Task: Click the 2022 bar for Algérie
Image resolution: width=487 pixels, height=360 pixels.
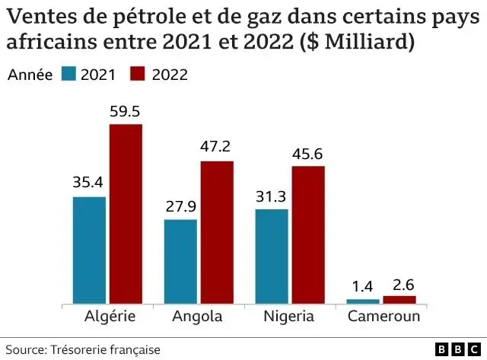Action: (x=126, y=214)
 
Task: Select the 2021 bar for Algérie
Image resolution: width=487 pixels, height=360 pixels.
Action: (x=89, y=250)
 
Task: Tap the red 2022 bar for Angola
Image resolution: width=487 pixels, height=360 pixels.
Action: (x=217, y=233)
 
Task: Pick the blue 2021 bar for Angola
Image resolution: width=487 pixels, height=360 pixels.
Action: (x=180, y=262)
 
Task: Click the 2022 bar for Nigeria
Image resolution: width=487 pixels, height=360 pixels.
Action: (x=308, y=235)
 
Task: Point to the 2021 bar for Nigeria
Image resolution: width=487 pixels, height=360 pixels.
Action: (x=272, y=256)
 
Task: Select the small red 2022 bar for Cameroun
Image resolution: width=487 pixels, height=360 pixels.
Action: (x=399, y=300)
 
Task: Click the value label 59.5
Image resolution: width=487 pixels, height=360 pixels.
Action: (x=126, y=112)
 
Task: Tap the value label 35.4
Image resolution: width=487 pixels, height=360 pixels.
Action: (x=89, y=183)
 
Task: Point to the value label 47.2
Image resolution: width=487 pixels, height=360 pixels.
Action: (x=217, y=148)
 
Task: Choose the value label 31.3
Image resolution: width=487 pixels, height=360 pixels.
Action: (x=272, y=196)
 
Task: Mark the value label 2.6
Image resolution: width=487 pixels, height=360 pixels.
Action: (x=399, y=285)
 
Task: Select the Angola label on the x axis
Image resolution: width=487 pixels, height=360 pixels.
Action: (x=198, y=316)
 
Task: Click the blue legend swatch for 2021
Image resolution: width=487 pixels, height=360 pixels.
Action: (x=69, y=74)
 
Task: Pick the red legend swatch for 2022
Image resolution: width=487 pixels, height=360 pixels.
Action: (x=138, y=74)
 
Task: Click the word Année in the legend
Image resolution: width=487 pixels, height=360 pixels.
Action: (x=29, y=74)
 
